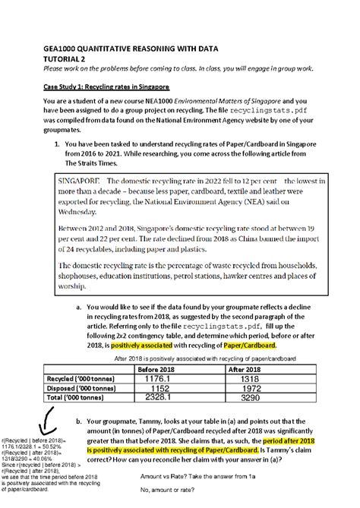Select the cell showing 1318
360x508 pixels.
coord(245,377)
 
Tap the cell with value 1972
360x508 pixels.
coord(245,387)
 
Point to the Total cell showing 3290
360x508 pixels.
coord(245,396)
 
